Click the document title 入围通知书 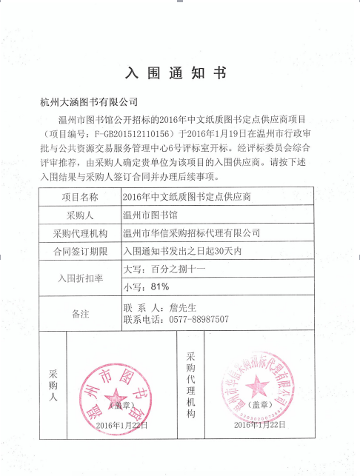pyautogui.click(x=180, y=74)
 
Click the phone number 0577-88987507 pyautogui.click(x=195, y=320)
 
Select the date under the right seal pyautogui.click(x=259, y=425)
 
